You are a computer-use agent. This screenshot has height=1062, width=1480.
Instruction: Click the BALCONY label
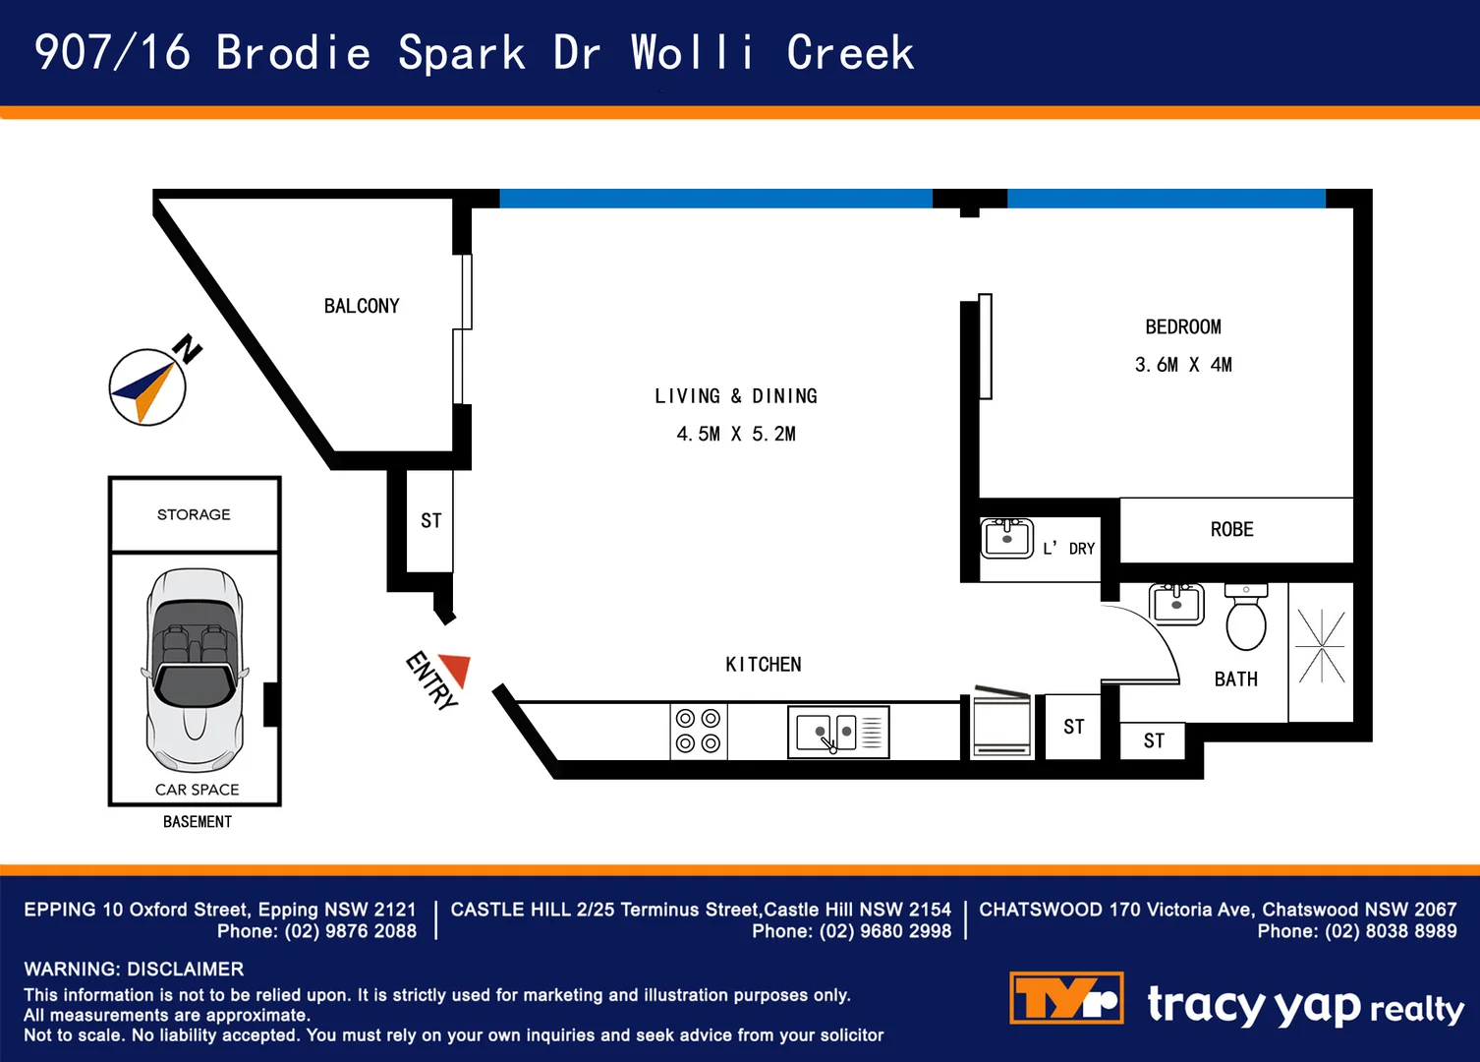362,306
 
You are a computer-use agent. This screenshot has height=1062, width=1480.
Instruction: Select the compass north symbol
147,386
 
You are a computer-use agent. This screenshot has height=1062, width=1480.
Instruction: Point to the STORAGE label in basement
194,514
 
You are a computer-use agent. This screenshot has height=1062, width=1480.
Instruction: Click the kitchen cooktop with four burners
698,732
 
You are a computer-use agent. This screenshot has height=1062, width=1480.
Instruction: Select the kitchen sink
837,733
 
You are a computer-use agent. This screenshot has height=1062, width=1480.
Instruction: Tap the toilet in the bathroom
1246,619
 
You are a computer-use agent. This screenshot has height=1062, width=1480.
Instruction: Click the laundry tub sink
1006,537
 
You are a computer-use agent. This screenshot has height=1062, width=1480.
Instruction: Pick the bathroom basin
1176,603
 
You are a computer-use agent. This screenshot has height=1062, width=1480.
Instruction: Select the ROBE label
1231,530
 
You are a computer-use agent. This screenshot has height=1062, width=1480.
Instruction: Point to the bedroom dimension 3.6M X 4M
1183,365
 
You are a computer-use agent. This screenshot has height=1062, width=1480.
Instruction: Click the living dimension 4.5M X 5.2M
736,434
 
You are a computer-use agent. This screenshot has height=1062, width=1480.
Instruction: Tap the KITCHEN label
764,665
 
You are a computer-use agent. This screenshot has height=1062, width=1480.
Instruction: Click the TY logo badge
1066,998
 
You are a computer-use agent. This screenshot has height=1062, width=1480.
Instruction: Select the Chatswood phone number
1391,931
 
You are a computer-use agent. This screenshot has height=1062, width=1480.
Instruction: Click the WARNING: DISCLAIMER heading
134,969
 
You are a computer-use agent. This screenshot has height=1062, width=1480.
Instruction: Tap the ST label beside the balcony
430,521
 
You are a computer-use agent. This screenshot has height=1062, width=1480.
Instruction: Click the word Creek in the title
850,53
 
